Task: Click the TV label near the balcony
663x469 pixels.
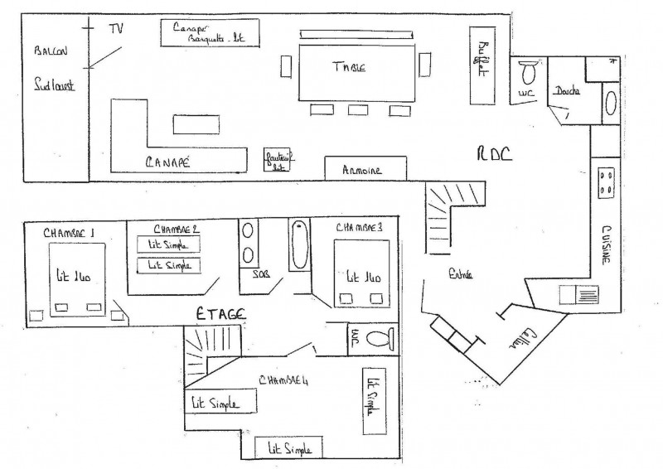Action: click(x=116, y=28)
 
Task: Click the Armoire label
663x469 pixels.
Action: click(x=362, y=171)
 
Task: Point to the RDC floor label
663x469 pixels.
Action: click(x=494, y=154)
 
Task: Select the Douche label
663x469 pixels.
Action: click(x=567, y=91)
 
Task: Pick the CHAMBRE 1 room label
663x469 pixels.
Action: click(x=69, y=233)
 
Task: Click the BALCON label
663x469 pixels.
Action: click(x=51, y=51)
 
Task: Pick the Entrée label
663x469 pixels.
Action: click(x=459, y=275)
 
